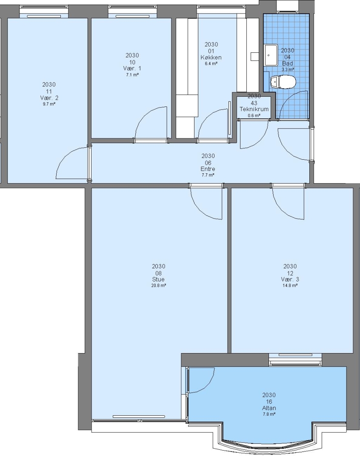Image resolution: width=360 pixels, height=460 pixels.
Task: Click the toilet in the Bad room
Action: tap(283, 82)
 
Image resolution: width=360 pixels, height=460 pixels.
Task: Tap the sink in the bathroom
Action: tap(271, 55)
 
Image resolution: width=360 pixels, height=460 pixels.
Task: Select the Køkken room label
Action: tap(211, 57)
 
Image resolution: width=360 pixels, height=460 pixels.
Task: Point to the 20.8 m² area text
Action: tap(159, 285)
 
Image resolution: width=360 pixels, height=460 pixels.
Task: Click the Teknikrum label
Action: tap(254, 109)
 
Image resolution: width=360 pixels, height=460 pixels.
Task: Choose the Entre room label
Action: tap(208, 169)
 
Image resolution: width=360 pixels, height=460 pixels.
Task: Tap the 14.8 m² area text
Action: tap(290, 285)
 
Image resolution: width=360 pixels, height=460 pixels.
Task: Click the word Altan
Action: tap(269, 408)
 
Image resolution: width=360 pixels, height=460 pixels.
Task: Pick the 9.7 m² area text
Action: tap(49, 104)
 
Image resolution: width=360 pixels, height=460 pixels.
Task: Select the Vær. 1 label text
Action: tap(132, 68)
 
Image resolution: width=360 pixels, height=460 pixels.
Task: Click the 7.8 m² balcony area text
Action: tap(269, 414)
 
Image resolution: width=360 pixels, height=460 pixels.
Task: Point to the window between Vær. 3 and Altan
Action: tap(295, 360)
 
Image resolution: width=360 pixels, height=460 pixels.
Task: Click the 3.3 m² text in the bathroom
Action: tap(288, 69)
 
